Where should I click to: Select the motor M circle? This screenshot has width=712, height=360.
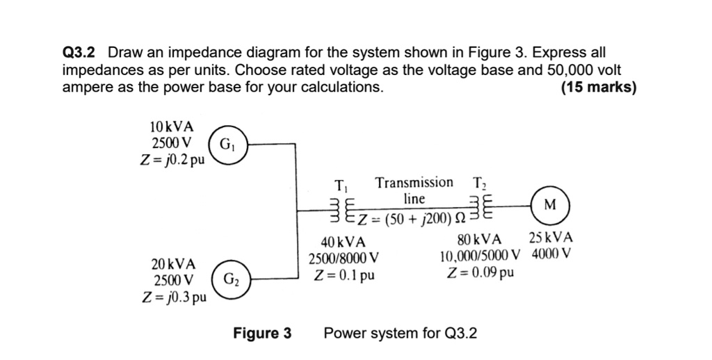pos(550,204)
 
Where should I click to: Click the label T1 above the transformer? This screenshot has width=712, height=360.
pos(340,186)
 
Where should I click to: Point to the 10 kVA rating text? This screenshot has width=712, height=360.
pos(172,126)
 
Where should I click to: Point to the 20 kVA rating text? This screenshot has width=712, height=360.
pos(173,264)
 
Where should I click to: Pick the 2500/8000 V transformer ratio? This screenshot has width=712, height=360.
pos(344,259)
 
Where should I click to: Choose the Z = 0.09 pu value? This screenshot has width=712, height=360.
pos(483,271)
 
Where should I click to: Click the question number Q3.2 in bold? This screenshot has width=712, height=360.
pos(81,53)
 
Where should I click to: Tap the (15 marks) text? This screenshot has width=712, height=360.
pos(598,88)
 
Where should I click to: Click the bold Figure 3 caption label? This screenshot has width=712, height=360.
pos(262,333)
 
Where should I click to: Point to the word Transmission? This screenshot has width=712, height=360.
pos(414,183)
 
